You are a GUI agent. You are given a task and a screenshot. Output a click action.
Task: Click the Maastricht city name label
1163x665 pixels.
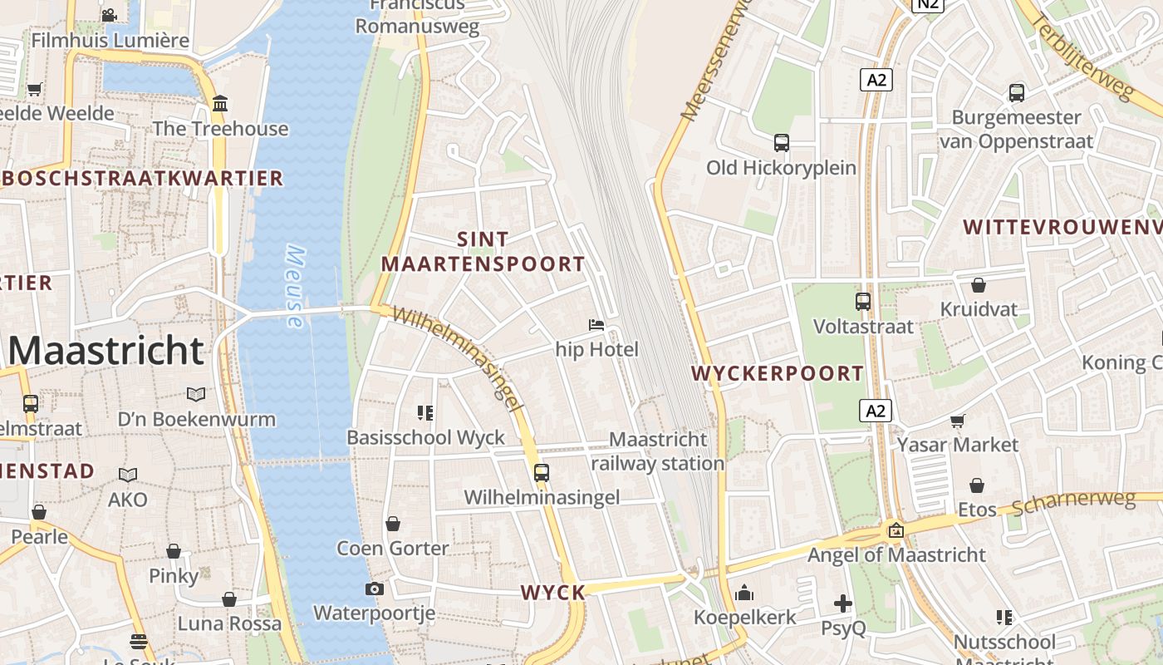pyautogui.click(x=106, y=351)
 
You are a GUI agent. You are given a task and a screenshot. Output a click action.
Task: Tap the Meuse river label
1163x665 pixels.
pyautogui.click(x=295, y=287)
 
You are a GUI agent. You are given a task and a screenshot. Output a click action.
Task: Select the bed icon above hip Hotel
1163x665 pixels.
pyautogui.click(x=596, y=324)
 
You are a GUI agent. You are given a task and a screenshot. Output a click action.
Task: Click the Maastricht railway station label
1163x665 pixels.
pyautogui.click(x=658, y=451)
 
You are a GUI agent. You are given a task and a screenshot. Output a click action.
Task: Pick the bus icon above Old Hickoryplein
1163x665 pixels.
pyautogui.click(x=781, y=143)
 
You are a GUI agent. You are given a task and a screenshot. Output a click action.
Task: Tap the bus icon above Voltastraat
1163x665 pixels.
pyautogui.click(x=863, y=302)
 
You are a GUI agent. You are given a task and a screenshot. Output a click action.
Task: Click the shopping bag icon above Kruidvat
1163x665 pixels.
pyautogui.click(x=979, y=285)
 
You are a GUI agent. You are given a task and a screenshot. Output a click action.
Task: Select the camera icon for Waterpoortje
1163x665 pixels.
pyautogui.click(x=374, y=589)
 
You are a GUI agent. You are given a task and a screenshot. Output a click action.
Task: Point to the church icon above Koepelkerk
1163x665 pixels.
pyautogui.click(x=744, y=593)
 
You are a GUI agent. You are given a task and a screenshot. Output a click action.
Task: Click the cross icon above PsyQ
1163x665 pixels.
pyautogui.click(x=843, y=603)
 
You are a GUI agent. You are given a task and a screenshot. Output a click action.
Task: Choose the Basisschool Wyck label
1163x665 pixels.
pyautogui.click(x=425, y=437)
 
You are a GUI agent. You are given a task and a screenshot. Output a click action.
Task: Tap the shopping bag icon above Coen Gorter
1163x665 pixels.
pyautogui.click(x=393, y=524)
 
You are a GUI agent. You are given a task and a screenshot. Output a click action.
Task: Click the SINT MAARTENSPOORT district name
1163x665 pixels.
pyautogui.click(x=483, y=252)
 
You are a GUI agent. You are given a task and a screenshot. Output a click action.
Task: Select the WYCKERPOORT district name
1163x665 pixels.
pyautogui.click(x=778, y=373)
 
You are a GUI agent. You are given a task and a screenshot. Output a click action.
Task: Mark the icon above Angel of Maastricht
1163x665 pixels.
pyautogui.click(x=896, y=530)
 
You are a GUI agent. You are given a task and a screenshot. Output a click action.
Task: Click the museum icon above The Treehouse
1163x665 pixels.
pyautogui.click(x=220, y=104)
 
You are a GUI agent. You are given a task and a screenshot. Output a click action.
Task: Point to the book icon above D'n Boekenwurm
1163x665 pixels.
pyautogui.click(x=196, y=394)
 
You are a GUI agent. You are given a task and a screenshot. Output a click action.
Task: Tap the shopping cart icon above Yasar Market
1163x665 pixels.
pyautogui.click(x=957, y=421)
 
